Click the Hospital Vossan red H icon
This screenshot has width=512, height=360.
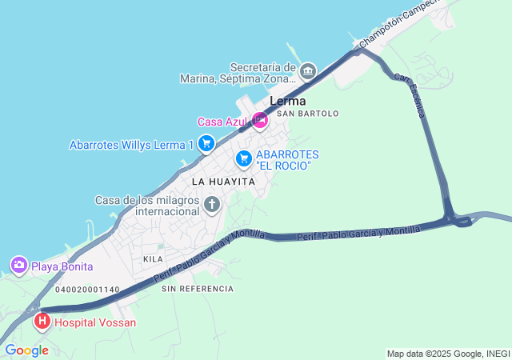pyautogui.click(x=42, y=322)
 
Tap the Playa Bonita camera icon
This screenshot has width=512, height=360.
pyautogui.click(x=18, y=266)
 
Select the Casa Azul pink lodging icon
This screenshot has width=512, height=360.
pyautogui.click(x=259, y=121)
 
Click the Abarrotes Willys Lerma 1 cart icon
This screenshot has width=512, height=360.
pyautogui.click(x=206, y=144)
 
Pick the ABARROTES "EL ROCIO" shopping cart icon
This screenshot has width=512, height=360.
pyautogui.click(x=243, y=159)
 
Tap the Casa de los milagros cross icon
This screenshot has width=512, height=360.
pyautogui.click(x=212, y=205)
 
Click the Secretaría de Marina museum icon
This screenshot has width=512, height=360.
pyautogui.click(x=308, y=73)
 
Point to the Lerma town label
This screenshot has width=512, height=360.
pyautogui.click(x=288, y=102)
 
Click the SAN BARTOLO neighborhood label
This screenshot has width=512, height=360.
pyautogui.click(x=307, y=114)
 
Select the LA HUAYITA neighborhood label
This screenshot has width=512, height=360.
pyautogui.click(x=223, y=182)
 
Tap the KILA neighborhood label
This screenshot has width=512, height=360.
pyautogui.click(x=153, y=259)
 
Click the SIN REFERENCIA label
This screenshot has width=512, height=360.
pyautogui.click(x=198, y=288)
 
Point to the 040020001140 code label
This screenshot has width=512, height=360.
pyautogui.click(x=88, y=290)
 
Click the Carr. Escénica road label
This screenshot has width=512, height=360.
pyautogui.click(x=408, y=94)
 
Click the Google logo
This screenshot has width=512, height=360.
pyautogui.click(x=26, y=350)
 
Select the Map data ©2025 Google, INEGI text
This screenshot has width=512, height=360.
pyautogui.click(x=447, y=354)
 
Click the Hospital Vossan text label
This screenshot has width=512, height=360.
pyautogui.click(x=95, y=322)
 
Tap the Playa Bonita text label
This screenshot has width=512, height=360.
pyautogui.click(x=62, y=266)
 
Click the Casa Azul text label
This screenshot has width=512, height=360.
pyautogui.click(x=222, y=122)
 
